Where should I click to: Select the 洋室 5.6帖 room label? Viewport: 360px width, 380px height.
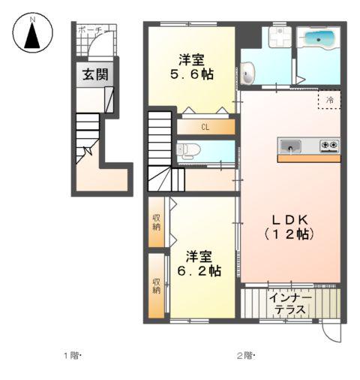point(193,66)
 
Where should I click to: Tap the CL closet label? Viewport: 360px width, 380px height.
point(205,127)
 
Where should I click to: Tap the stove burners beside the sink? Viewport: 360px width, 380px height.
point(329,145)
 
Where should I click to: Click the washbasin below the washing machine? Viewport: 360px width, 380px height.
point(250,72)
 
